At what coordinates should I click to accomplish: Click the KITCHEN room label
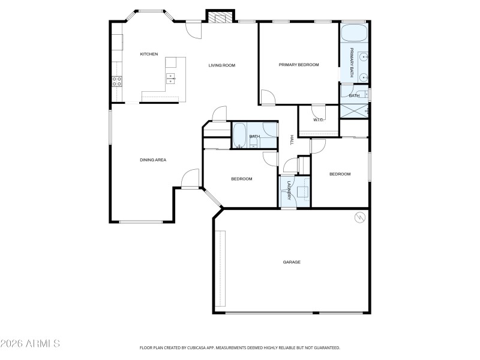click(149, 54)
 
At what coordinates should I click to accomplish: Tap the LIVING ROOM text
click(221, 65)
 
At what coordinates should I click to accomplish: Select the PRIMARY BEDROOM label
click(299, 64)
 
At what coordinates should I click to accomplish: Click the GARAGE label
click(292, 262)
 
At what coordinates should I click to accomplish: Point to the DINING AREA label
click(153, 160)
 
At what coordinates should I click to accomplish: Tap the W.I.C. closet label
click(319, 119)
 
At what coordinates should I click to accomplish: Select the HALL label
click(292, 139)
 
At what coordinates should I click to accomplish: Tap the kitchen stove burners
click(117, 81)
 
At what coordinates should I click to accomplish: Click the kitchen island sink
click(171, 77)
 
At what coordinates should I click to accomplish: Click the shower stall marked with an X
click(354, 110)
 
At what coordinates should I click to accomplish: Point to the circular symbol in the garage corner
click(360, 217)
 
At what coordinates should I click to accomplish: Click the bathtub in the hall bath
click(239, 135)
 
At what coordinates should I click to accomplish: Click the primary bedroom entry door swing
click(267, 98)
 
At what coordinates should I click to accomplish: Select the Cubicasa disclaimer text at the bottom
click(240, 347)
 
